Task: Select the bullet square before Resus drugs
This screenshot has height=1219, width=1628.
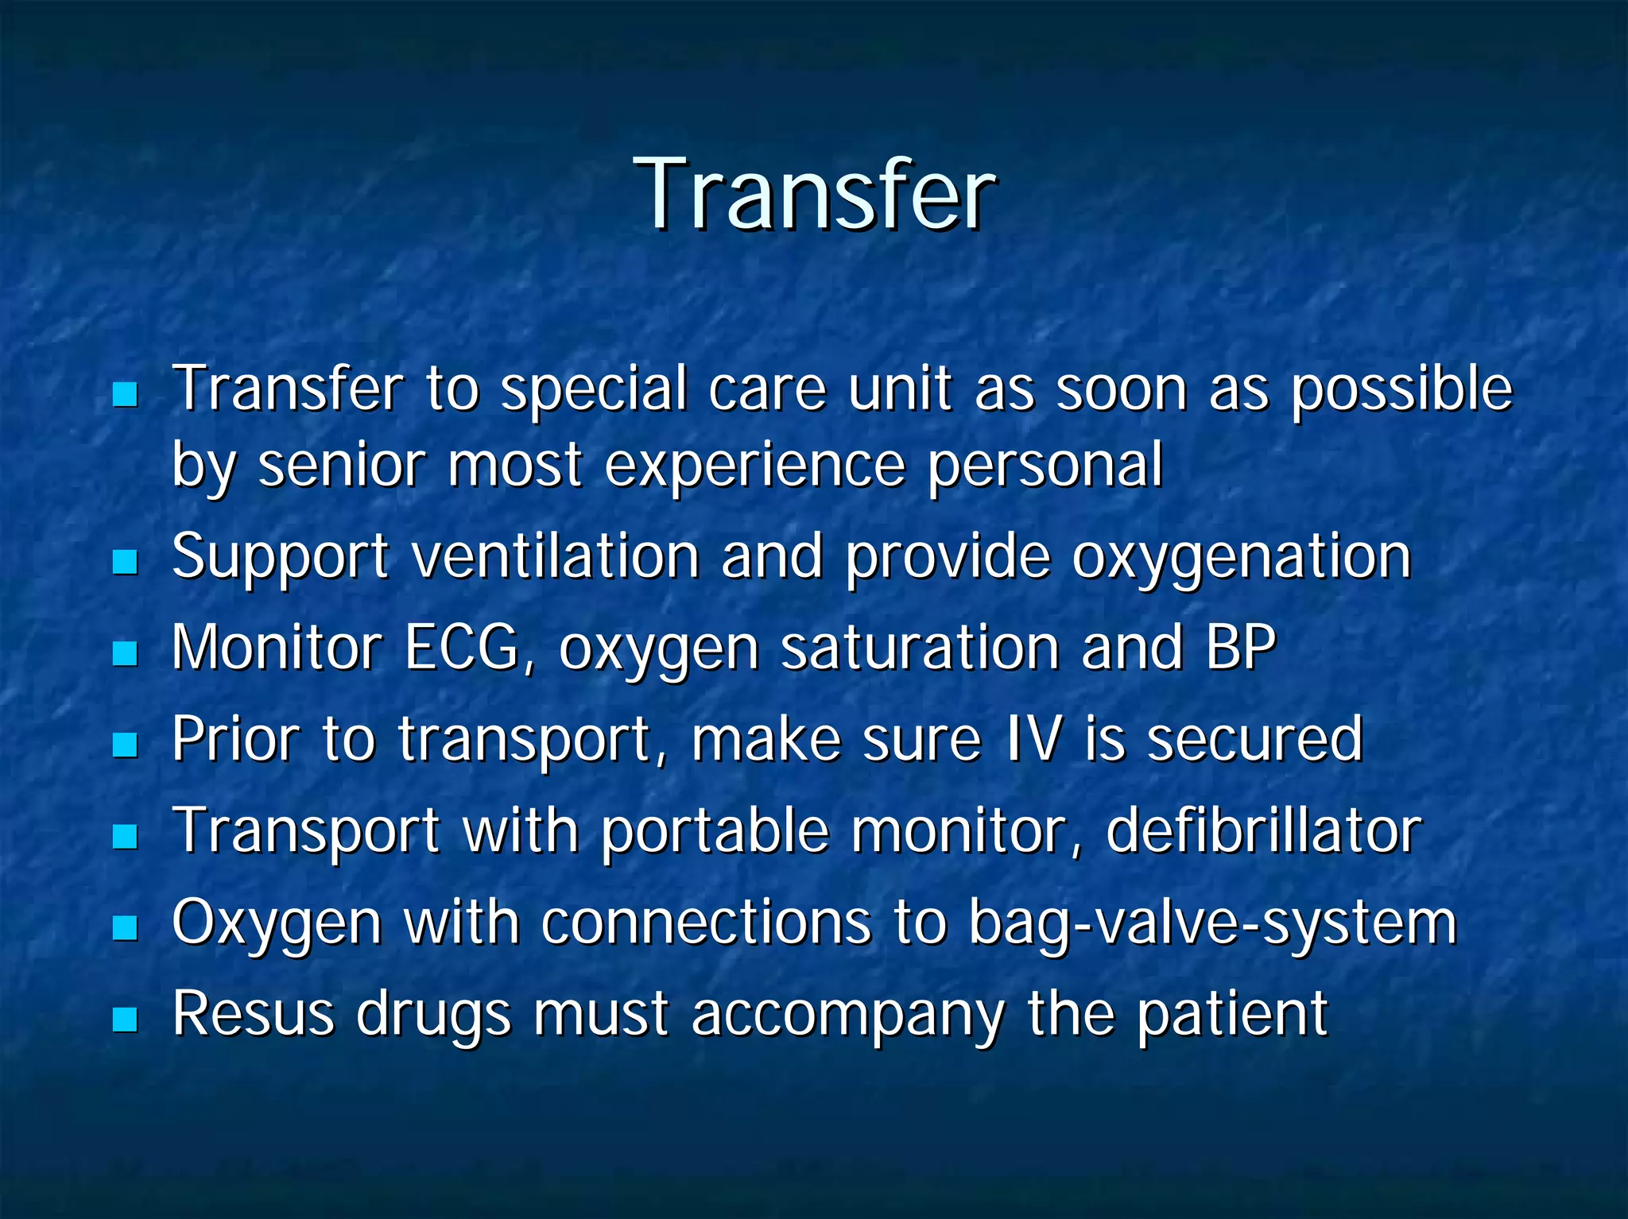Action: point(125,1019)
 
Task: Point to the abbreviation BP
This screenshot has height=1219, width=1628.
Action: point(1241,647)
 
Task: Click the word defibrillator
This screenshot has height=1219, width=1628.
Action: point(1263,830)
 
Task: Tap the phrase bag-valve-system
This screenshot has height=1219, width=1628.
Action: point(1212,923)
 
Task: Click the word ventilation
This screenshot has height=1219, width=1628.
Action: point(556,556)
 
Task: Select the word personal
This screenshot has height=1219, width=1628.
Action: point(1045,466)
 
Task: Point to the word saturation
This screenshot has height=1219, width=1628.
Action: point(920,647)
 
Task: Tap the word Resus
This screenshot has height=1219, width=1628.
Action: point(253,1014)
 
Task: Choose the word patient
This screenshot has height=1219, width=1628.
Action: point(1231,1016)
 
